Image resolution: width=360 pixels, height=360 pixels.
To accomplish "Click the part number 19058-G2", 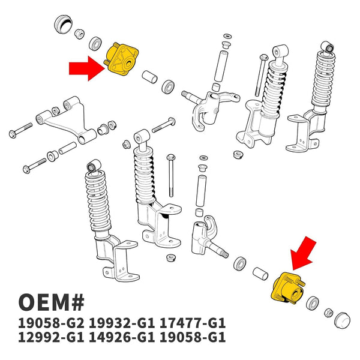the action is pos(51,323).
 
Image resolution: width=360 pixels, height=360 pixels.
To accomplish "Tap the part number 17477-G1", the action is pos(192,323).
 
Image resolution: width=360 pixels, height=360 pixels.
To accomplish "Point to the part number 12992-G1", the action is pos(51,337).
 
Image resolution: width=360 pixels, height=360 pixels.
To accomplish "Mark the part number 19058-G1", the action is pos(192,337).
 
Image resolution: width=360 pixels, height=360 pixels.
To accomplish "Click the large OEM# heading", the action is pos(52,302).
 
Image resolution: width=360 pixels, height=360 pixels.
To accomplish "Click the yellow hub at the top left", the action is pos(121,59).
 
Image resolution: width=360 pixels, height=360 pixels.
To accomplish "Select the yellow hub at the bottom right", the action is pos(288,289).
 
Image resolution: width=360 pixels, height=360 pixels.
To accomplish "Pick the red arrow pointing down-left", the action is pos(303,254).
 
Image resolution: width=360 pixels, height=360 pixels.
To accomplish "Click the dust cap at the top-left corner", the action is pos(64,24).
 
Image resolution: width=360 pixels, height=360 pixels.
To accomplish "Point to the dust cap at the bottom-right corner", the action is pos(342,320).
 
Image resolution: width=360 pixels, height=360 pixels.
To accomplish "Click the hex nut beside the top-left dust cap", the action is pos(79,34).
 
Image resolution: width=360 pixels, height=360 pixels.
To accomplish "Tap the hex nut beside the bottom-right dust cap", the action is pos(329,313).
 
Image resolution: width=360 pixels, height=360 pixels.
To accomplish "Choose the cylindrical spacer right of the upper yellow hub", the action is pos(149,77).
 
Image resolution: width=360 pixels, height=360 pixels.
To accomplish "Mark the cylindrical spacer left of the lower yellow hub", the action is pos(260,274).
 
